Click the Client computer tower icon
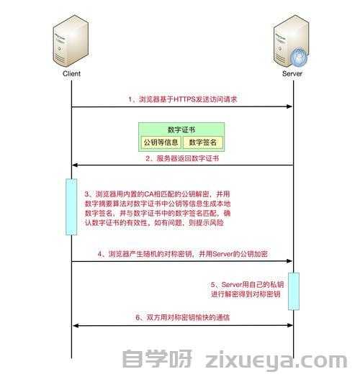(x=71, y=41)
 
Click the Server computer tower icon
(x=291, y=41)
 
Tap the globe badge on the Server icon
(x=299, y=57)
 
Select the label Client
(x=71, y=73)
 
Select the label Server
(x=292, y=73)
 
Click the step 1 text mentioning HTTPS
(x=183, y=99)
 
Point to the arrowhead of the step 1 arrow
(x=289, y=106)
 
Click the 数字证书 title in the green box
(x=181, y=129)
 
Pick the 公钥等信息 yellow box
(x=161, y=142)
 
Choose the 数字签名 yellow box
(x=203, y=142)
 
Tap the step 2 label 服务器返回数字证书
(x=182, y=158)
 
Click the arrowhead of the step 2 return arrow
(x=76, y=165)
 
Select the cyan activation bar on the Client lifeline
(x=71, y=207)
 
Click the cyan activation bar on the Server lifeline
(x=294, y=291)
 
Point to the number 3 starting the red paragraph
(x=87, y=194)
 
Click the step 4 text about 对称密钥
(x=183, y=254)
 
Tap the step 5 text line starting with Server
(x=247, y=285)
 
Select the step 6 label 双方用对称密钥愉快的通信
(x=183, y=317)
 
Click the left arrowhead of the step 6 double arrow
(x=76, y=325)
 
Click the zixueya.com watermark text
(x=276, y=360)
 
